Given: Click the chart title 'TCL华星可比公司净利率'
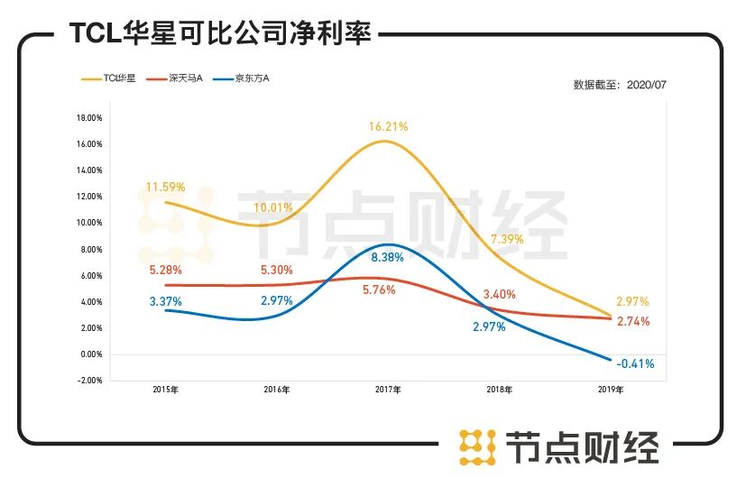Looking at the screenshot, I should [x=220, y=34].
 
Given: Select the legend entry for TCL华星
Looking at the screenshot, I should [x=107, y=78].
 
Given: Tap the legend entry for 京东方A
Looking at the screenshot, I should [x=240, y=78].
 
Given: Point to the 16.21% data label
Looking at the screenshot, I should [x=388, y=127].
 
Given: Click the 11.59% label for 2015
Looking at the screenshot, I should [x=165, y=188].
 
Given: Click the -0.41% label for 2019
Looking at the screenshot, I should [x=635, y=364].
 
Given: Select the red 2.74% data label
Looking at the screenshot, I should [x=632, y=321].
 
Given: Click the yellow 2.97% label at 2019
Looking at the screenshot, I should [x=632, y=301].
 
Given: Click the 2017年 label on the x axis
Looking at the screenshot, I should [x=389, y=391].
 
